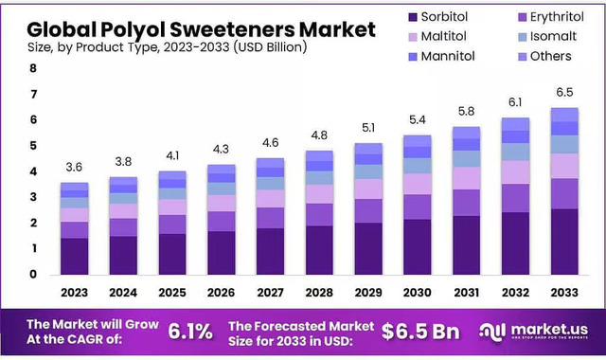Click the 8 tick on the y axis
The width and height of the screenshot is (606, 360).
point(33,69)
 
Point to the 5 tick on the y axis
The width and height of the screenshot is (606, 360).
point(33,146)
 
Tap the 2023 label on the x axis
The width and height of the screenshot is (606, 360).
point(74,292)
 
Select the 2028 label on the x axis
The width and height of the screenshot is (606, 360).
point(319,292)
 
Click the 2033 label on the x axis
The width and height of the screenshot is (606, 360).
point(564,292)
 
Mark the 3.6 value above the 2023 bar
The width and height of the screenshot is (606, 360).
point(74,168)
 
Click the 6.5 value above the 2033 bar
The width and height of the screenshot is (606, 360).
point(564,93)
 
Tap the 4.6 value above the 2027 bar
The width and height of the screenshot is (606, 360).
point(270,142)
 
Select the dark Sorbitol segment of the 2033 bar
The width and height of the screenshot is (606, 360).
point(564,242)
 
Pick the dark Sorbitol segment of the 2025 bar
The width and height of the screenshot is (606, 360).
point(172,254)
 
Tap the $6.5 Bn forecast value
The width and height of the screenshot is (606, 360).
point(420,330)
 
